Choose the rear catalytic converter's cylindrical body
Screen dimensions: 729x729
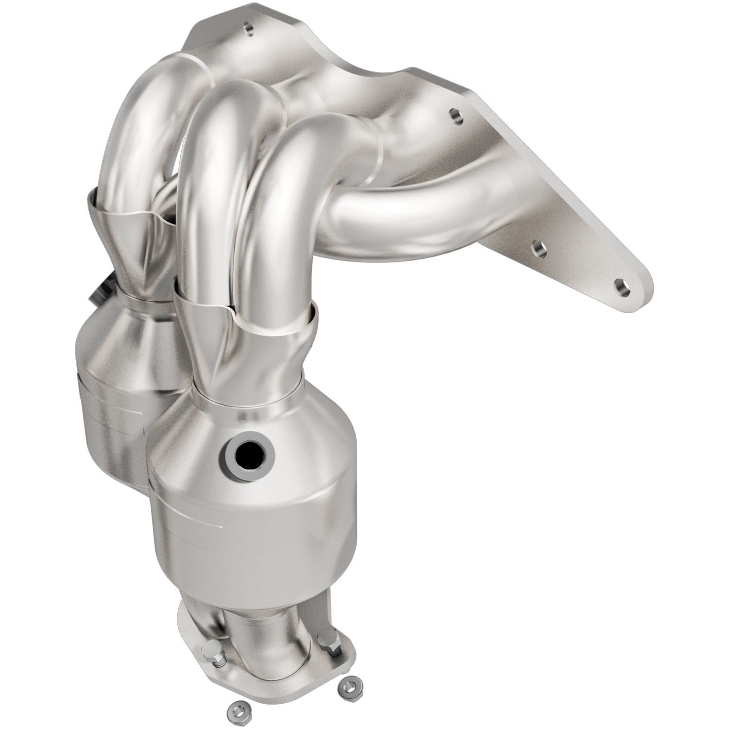pos(112,403)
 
